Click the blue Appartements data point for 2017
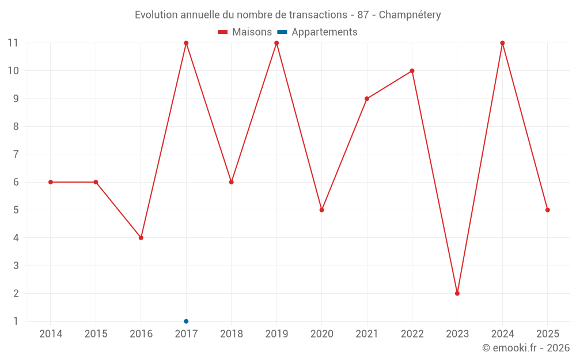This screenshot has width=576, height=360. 186,321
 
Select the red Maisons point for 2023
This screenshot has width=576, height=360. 457,293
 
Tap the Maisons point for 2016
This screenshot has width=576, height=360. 141,238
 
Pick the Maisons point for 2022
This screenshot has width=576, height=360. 412,71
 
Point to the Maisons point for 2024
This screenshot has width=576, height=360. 502,43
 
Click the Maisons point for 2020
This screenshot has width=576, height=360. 321,210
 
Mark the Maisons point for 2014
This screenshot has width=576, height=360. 51,182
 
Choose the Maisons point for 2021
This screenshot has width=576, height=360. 367,98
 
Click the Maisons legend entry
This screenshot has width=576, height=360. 245,32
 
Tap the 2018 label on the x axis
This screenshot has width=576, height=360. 232,334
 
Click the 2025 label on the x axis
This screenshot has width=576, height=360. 547,334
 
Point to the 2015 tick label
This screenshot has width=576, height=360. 96,334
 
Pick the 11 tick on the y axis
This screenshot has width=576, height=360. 13,43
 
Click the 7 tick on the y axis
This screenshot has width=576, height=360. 16,154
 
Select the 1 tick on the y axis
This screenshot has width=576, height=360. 16,321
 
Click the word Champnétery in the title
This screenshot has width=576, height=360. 410,15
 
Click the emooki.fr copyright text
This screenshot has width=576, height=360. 526,348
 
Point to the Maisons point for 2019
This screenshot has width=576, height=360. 276,43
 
